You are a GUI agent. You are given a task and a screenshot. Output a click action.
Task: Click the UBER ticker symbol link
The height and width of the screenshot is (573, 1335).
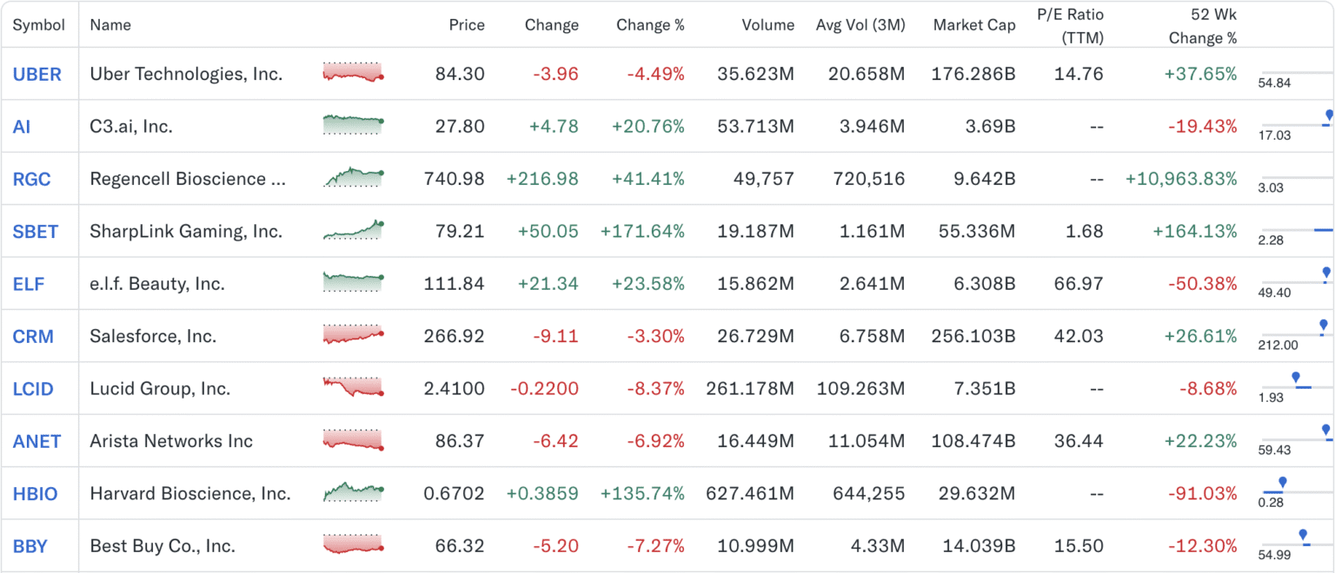[37, 75]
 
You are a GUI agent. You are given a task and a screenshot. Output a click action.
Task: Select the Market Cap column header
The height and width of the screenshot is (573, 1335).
[973, 25]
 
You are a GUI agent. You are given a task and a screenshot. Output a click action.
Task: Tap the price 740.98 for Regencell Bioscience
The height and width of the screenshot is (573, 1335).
[454, 179]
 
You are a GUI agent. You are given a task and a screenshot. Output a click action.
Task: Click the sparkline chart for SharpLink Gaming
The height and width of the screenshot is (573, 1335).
[353, 231]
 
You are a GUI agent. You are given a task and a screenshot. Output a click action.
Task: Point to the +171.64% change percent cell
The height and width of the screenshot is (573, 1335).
[642, 231]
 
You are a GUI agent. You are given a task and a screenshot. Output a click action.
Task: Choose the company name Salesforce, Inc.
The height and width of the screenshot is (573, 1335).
[153, 336]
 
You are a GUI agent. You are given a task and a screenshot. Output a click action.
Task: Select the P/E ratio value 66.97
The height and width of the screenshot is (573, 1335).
[1078, 284]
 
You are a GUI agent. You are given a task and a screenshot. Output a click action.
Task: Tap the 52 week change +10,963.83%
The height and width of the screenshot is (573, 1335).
[1180, 179]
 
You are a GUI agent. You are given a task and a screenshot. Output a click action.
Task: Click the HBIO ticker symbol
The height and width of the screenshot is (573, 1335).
[35, 494]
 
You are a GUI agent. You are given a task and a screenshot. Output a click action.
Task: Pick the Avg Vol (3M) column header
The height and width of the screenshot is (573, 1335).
[860, 25]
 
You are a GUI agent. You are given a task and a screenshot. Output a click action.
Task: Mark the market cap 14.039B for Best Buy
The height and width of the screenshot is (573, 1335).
[979, 546]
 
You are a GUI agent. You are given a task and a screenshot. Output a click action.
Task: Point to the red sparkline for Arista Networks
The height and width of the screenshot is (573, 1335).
[353, 441]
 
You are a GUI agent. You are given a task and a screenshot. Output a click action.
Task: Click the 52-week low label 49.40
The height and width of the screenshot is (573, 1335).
[1274, 293]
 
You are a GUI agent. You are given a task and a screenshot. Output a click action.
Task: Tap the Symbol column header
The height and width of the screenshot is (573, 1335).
[38, 25]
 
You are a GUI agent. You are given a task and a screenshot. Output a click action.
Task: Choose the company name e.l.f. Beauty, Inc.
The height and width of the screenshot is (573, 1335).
[157, 284]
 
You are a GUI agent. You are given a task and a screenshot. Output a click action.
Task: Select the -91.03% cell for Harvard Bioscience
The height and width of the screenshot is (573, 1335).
[1207, 494]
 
